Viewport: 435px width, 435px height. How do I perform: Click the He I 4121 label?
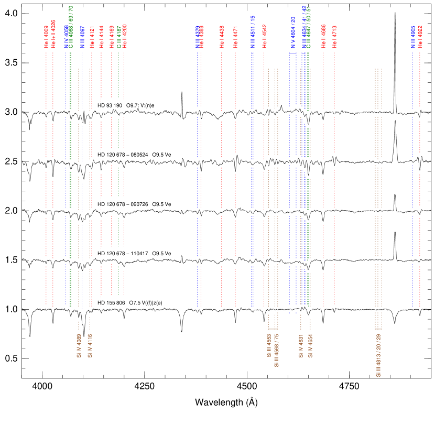[92, 37]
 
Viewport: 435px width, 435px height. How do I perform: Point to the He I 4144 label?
[101, 37]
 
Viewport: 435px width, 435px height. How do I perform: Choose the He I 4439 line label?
[222, 37]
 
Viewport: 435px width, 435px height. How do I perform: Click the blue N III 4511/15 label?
[252, 32]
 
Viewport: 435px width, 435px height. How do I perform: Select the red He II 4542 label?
[264, 37]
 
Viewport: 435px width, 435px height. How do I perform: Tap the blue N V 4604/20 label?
[293, 32]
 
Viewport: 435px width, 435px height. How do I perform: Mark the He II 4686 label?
[323, 37]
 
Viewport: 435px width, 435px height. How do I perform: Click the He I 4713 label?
[334, 37]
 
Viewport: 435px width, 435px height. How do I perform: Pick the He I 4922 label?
[420, 37]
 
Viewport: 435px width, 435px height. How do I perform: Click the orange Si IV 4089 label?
[79, 345]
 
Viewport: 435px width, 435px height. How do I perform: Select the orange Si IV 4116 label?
[90, 345]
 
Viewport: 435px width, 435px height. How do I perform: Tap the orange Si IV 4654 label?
[310, 345]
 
